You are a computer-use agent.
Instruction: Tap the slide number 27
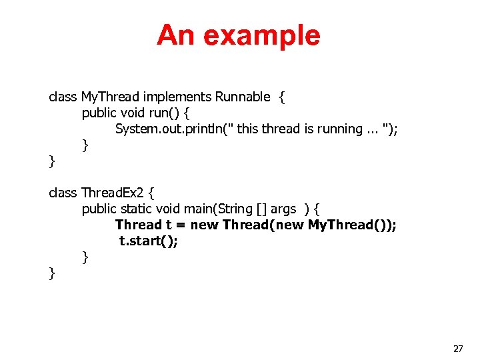[458, 349]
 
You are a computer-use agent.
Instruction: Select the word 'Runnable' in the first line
[243, 97]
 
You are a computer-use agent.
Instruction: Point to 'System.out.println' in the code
[170, 129]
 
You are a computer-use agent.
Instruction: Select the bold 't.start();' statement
[149, 241]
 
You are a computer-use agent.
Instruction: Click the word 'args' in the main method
[283, 209]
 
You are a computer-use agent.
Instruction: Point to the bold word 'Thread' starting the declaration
[139, 225]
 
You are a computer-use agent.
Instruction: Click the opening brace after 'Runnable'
[282, 97]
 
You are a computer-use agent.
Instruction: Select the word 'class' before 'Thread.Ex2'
[63, 193]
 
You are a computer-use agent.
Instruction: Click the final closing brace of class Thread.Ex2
[52, 273]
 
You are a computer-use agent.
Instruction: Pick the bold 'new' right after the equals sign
[204, 225]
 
